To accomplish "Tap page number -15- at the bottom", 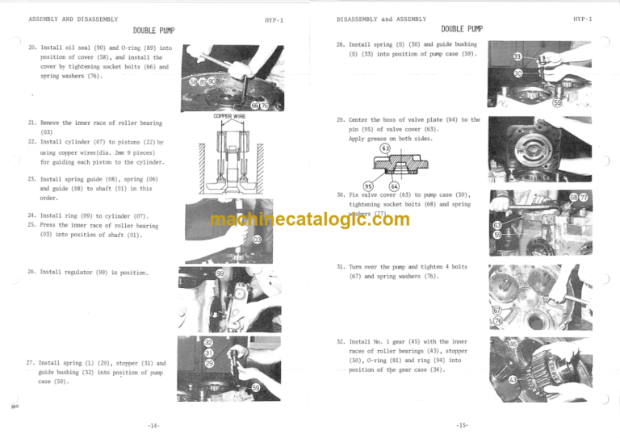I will (463, 426).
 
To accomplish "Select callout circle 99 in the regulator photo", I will (220, 274).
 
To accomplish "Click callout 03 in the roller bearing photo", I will (256, 240).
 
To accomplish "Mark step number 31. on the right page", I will (341, 267).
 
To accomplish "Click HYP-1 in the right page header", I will (583, 18).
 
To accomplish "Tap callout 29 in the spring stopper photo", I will (208, 364).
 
